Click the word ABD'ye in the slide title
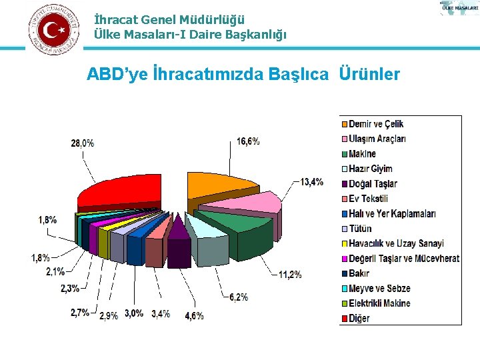tap(116, 74)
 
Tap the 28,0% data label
tap(83, 143)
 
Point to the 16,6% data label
tap(248, 141)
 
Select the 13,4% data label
tap(311, 181)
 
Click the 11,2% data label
tap(289, 274)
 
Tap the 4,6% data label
tap(194, 315)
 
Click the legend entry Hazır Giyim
tap(371, 169)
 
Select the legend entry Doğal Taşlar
tap(373, 183)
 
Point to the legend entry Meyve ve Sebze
tap(379, 289)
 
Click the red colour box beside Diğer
tap(345, 319)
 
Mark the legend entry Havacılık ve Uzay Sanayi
tap(396, 243)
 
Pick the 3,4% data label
tap(161, 313)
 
